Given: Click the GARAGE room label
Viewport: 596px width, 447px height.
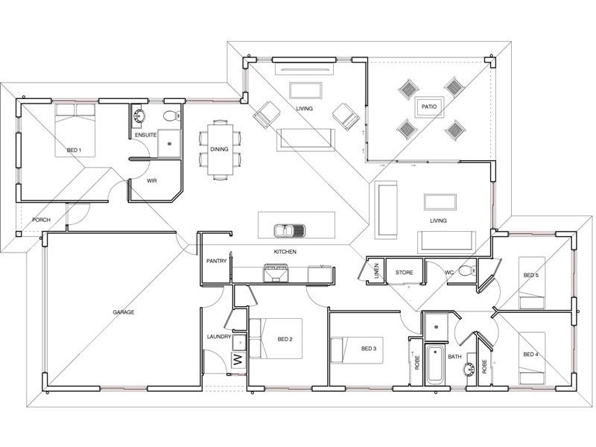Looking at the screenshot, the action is pos(123,312).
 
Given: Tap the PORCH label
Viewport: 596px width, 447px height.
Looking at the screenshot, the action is pos(41,220).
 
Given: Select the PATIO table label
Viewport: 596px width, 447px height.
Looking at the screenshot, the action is pos(429,107).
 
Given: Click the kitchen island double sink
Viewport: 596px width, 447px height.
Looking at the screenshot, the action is pos(289,230).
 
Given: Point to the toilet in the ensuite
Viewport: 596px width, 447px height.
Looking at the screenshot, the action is pos(172,115).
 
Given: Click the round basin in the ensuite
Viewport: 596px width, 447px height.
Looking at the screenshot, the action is pos(139,115).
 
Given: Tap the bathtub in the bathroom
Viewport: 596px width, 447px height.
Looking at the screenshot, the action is pos(434,365).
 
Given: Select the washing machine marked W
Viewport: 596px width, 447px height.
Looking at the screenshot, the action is pos(238,359).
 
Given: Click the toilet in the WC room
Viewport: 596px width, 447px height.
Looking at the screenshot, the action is pos(467,270).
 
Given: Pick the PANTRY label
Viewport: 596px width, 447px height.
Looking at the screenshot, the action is pos(216,261).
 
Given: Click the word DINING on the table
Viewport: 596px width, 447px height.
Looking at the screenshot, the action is pos(219,150).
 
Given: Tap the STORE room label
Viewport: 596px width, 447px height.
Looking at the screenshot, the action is pos(404,273).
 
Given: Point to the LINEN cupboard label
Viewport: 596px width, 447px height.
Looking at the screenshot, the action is pos(376,271).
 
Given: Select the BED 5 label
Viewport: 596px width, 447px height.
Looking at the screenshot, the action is pos(530,275).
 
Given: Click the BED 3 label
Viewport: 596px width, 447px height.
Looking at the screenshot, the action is pos(369,349).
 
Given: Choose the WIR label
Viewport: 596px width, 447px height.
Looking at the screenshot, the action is pos(152,181).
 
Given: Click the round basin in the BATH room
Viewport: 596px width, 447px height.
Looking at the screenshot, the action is pos(469,369).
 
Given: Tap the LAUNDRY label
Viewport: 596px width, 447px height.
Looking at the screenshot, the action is pos(219,337).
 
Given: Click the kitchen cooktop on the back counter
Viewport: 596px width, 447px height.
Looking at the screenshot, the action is pos(275,273).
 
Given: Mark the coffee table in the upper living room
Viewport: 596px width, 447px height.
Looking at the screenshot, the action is pos(305,90).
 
